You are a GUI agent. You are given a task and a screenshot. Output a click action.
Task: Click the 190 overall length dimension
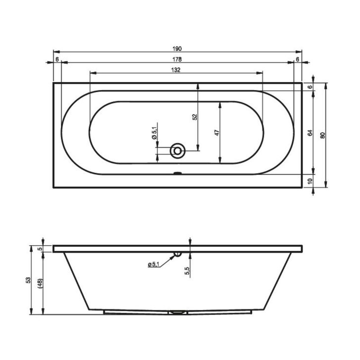pyautogui.click(x=177, y=49)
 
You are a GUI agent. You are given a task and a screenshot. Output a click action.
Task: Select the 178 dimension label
pyautogui.click(x=177, y=59)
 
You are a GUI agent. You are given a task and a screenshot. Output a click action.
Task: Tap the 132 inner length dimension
pyautogui.click(x=176, y=70)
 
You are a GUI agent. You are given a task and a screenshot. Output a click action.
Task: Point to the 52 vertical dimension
pyautogui.click(x=195, y=117)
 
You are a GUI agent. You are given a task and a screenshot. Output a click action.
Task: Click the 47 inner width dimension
pyautogui.click(x=217, y=133)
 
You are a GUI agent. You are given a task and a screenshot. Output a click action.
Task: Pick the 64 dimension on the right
pyautogui.click(x=310, y=133)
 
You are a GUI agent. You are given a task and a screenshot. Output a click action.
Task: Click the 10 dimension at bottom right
pyautogui.click(x=310, y=181)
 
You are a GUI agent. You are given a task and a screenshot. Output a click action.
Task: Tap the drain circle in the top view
pyautogui.click(x=177, y=151)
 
